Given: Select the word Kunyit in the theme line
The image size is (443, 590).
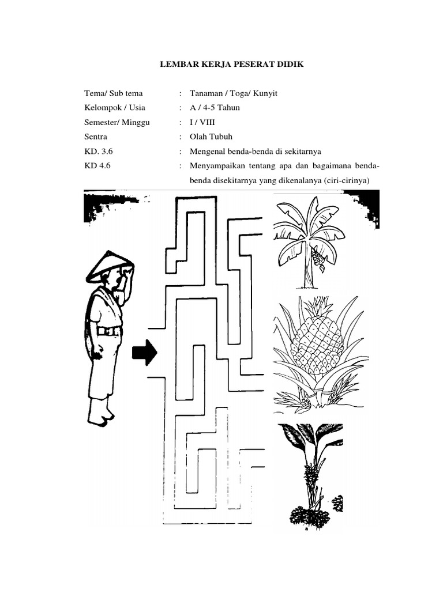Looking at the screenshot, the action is click(265, 94).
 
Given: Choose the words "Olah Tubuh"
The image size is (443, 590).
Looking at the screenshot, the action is click(211, 137).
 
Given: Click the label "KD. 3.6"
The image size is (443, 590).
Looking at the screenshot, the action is click(98, 152).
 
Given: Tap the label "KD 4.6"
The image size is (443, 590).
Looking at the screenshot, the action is click(97, 165).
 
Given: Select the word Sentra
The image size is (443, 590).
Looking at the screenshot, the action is click(96, 137).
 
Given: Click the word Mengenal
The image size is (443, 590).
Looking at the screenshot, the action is click(207, 152).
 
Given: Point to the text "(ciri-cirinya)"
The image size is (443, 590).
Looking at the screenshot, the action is click(346, 180).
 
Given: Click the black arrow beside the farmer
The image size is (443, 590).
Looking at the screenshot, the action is click(144, 353).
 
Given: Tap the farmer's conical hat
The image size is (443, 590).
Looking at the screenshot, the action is click(110, 266).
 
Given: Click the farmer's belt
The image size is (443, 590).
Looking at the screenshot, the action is click(109, 331).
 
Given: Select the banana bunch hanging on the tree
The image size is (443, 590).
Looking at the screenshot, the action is click(318, 260).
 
